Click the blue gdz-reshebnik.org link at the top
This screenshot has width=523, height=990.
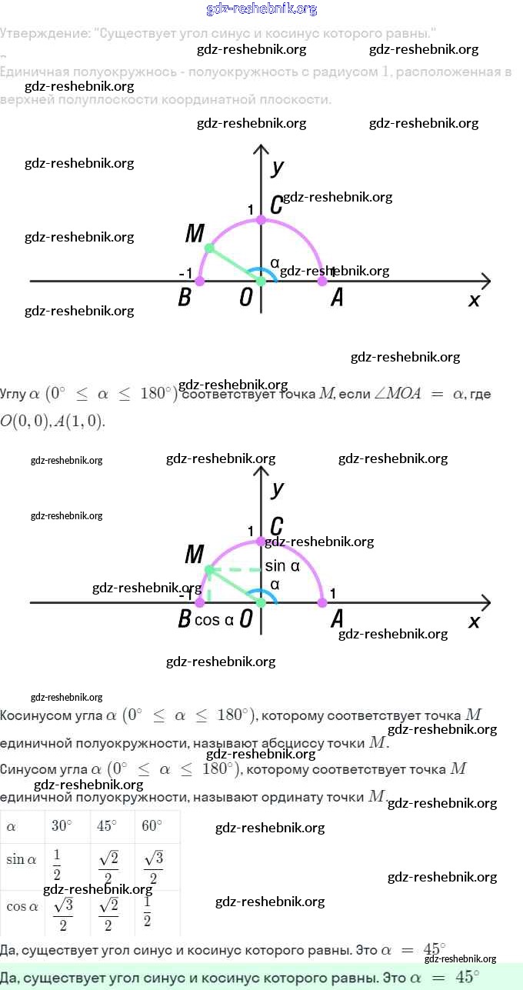tap(261, 9)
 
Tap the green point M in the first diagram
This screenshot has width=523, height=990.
tap(208, 248)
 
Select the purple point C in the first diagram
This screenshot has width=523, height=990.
tap(261, 220)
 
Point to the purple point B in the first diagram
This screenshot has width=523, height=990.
tap(200, 281)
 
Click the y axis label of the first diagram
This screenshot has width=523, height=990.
tap(278, 168)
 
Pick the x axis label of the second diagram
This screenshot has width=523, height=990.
tap(474, 621)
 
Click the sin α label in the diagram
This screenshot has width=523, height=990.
tap(282, 566)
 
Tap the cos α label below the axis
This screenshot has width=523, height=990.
tap(214, 620)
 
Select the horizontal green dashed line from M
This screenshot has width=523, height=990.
tap(235, 570)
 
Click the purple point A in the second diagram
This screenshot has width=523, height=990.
tap(322, 602)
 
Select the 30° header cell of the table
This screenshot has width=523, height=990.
tap(62, 826)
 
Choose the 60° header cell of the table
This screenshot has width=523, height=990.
tap(152, 826)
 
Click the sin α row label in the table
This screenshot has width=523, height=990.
tap(22, 860)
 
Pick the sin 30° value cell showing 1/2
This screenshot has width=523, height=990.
tap(58, 865)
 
